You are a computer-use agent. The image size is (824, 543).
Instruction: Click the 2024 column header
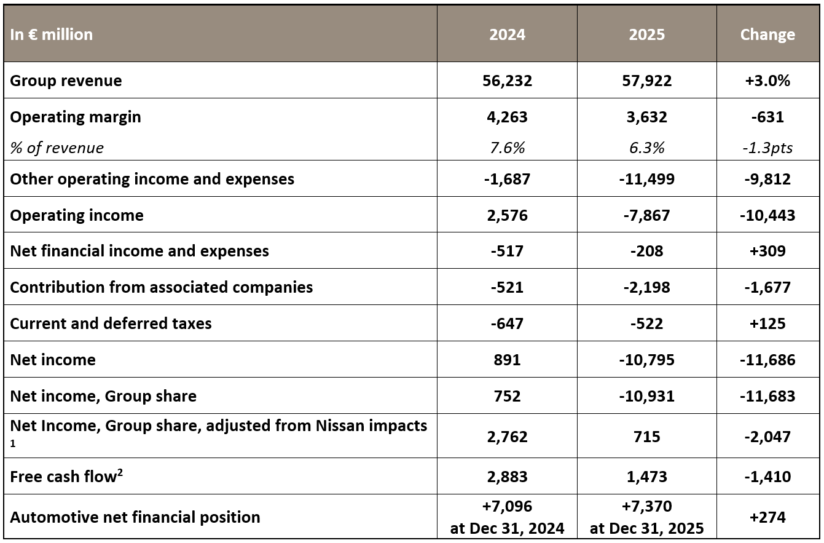(507, 34)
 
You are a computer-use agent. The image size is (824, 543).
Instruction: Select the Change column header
(767, 34)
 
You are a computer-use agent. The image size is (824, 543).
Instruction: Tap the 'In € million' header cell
(52, 34)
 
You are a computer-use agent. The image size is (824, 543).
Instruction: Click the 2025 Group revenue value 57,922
(646, 81)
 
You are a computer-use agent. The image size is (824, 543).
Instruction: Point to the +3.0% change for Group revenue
(767, 81)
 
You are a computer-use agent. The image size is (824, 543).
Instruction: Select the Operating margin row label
(76, 117)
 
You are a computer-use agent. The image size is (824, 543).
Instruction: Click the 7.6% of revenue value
(507, 148)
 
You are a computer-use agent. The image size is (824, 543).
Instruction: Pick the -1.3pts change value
(767, 148)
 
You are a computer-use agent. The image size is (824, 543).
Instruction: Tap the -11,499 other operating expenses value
(646, 179)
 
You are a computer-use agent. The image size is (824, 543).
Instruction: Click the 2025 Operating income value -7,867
(646, 215)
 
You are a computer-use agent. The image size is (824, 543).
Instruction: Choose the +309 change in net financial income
(767, 251)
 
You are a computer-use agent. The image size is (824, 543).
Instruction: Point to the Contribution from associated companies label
(162, 287)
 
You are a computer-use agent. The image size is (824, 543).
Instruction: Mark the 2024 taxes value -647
(507, 323)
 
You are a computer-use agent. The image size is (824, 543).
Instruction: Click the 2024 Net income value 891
(507, 360)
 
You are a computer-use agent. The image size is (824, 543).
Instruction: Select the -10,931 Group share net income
(646, 396)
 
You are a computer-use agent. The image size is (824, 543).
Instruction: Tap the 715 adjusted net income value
(646, 437)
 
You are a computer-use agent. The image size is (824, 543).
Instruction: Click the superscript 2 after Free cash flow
(120, 472)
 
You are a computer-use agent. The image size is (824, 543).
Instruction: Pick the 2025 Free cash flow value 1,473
(646, 477)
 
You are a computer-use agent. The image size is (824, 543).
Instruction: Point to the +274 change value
(767, 517)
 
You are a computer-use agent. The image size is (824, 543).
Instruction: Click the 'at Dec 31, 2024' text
(507, 528)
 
